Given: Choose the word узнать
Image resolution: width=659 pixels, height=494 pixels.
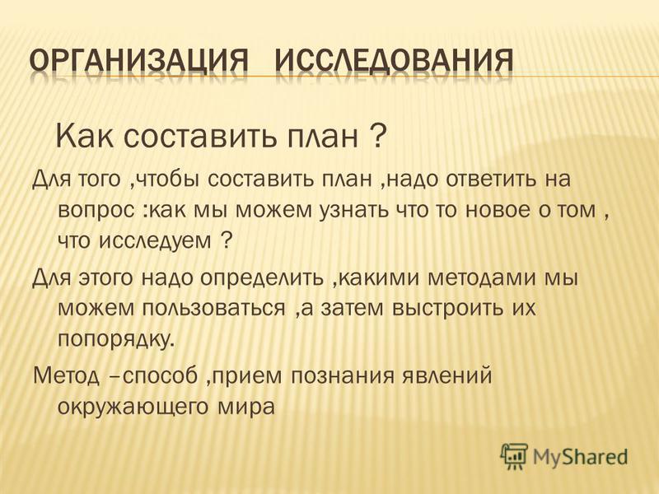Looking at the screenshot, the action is (354, 209).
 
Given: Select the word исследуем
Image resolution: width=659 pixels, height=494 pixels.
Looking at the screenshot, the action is (156, 240).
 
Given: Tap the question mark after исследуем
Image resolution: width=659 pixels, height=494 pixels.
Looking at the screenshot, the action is (226, 240).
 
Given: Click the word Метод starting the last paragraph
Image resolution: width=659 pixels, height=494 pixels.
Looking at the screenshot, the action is (67, 375).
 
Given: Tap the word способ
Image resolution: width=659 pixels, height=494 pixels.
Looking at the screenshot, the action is (160, 376).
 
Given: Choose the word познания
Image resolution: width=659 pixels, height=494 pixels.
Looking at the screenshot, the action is (343, 376).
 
